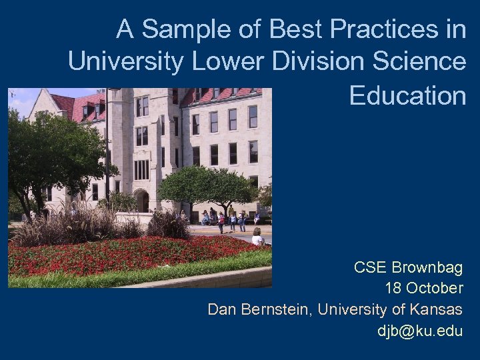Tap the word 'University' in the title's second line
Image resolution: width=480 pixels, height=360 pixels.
[125, 62]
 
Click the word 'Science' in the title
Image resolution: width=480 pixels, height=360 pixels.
[423, 62]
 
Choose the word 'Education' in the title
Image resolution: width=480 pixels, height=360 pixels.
[407, 95]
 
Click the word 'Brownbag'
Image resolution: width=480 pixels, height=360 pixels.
[427, 268]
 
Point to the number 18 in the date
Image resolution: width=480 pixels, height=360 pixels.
[393, 289]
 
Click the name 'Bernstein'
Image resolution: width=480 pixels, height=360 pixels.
[273, 309]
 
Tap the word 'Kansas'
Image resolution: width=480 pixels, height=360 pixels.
[436, 309]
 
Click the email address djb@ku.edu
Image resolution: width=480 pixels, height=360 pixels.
[420, 331]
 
